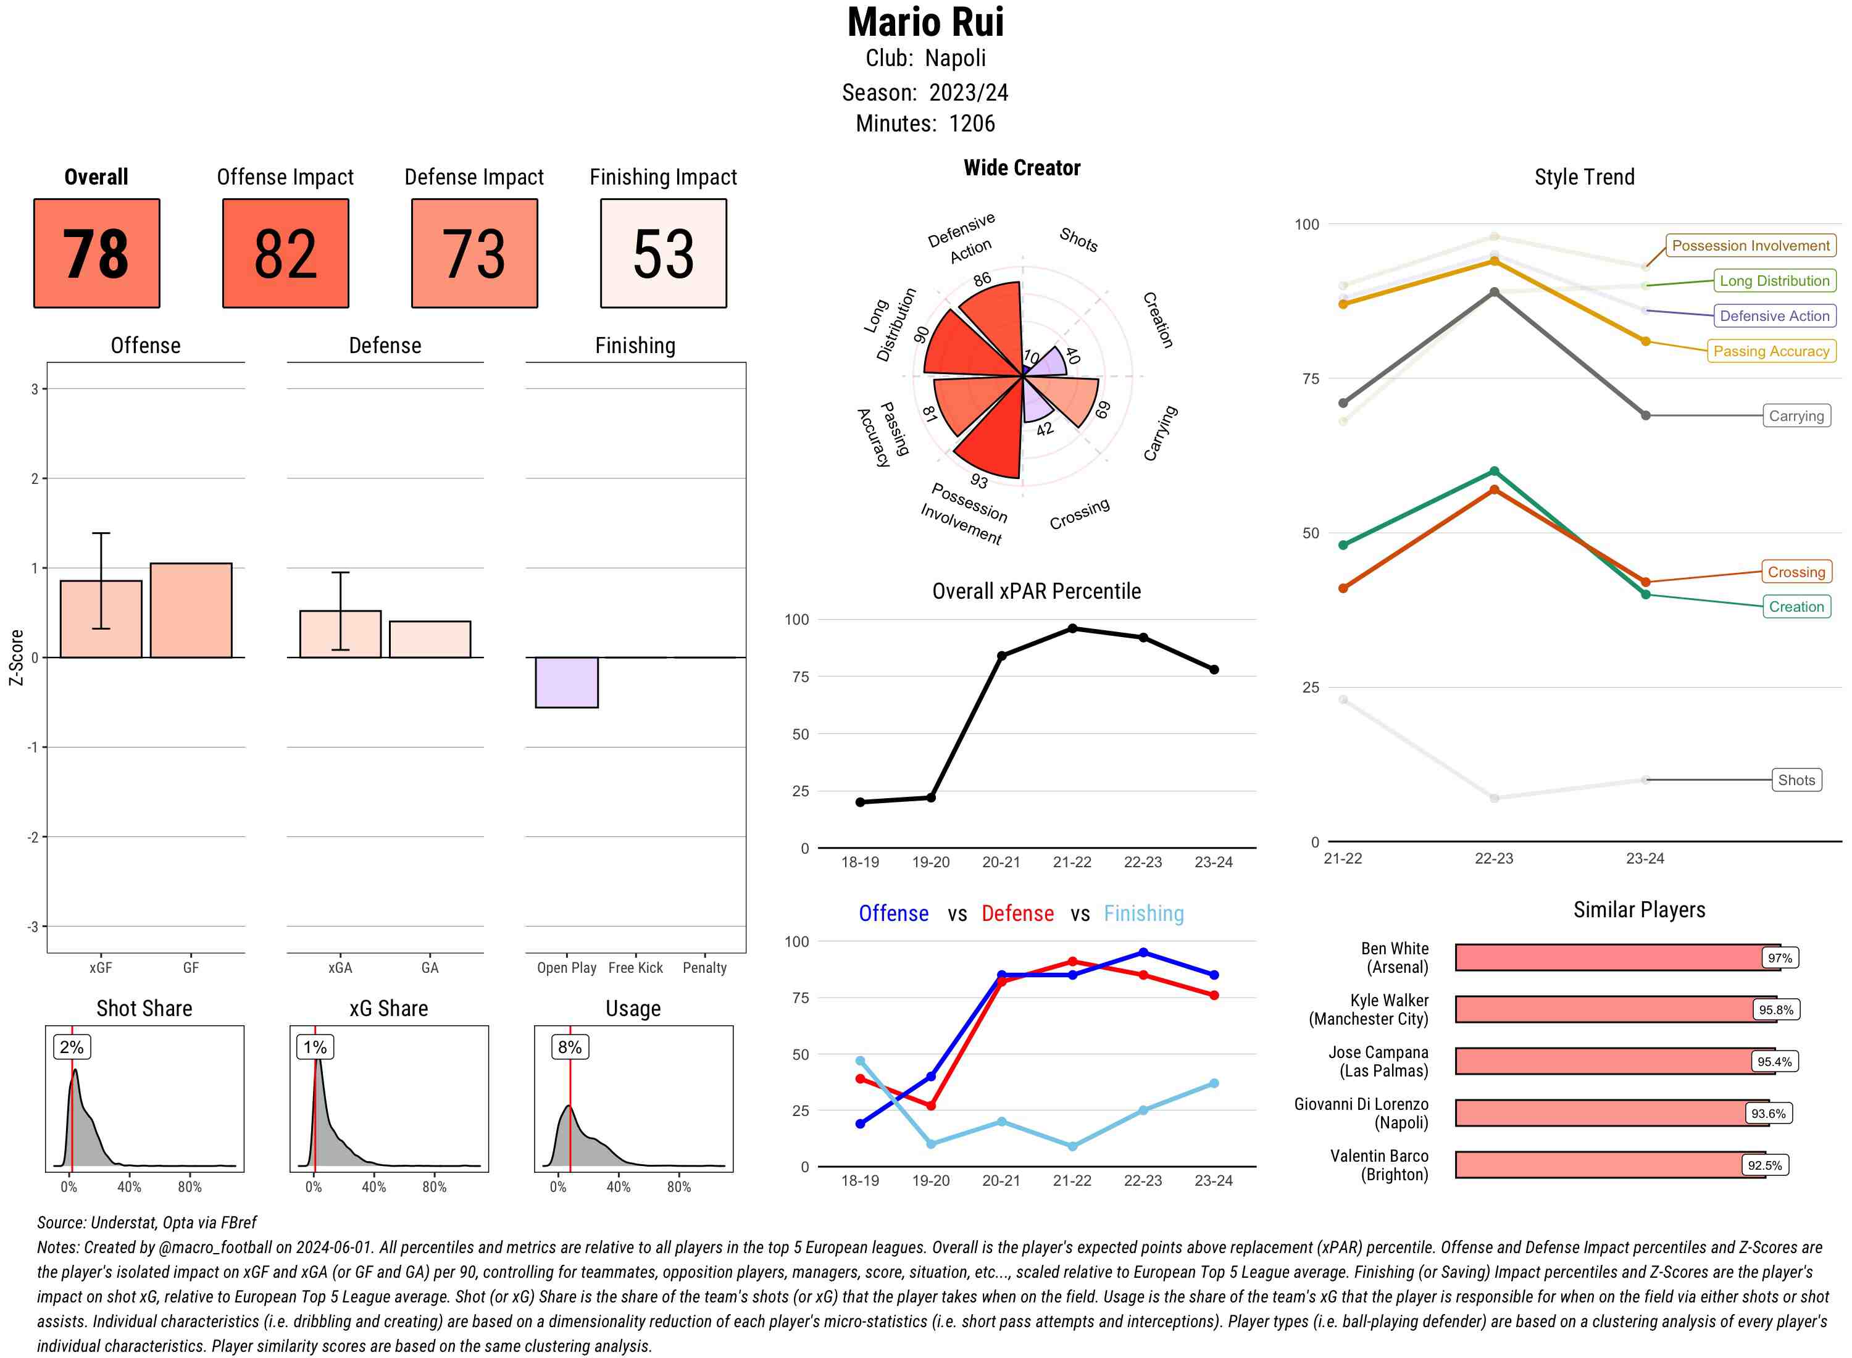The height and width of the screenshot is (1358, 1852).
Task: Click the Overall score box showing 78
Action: click(x=96, y=253)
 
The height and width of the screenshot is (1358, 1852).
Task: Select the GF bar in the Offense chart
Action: click(x=191, y=610)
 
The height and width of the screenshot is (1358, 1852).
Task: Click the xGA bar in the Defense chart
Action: click(x=340, y=634)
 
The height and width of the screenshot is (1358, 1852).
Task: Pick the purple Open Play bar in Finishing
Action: click(x=566, y=682)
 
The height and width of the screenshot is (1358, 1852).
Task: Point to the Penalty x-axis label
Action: click(x=704, y=967)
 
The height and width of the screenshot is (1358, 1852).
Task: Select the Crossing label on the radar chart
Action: click(x=1079, y=513)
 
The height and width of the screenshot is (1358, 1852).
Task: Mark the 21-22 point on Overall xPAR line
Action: click(x=1072, y=628)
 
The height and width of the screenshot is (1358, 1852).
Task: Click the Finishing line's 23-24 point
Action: click(x=1213, y=1083)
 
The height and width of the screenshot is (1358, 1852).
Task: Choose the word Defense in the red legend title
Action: click(x=1017, y=914)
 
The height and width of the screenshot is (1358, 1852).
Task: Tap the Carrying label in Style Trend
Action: click(x=1796, y=416)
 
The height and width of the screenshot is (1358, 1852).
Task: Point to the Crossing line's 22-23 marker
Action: click(x=1493, y=490)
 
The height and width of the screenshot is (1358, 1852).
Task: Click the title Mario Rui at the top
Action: click(x=925, y=23)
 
